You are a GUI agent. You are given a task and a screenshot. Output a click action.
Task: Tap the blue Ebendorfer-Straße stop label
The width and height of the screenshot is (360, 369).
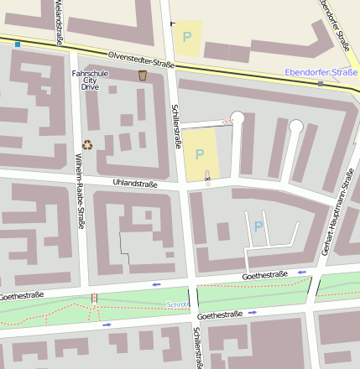point(321,73)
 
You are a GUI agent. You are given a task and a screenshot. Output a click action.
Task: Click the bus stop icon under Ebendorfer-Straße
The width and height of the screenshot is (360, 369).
point(321,84)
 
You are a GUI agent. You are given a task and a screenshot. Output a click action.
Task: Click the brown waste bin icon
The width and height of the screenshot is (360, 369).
point(143,75)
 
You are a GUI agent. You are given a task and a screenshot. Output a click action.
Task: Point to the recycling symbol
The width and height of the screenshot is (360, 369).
point(87,144)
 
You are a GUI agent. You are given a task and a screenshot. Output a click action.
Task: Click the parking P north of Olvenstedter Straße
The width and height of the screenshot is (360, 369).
point(187,37)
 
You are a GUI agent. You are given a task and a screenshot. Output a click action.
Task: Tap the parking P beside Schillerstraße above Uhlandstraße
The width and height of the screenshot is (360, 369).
point(200,154)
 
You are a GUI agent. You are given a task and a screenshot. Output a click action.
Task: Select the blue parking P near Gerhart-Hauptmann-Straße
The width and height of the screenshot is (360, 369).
point(258,226)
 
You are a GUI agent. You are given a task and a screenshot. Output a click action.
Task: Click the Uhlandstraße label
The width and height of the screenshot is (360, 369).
point(135,182)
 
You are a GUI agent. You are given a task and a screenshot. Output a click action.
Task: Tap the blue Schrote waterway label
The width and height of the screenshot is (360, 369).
point(178,304)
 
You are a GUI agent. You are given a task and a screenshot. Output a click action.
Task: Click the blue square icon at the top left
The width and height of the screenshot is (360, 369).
point(18,44)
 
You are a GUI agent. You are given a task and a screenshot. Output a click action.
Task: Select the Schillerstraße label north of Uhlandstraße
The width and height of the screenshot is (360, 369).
point(177,126)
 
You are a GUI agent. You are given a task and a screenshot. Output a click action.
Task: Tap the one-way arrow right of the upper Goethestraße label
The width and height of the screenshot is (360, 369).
point(301,273)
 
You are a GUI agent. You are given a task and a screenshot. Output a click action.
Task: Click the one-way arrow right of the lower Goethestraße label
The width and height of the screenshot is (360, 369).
point(253,313)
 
